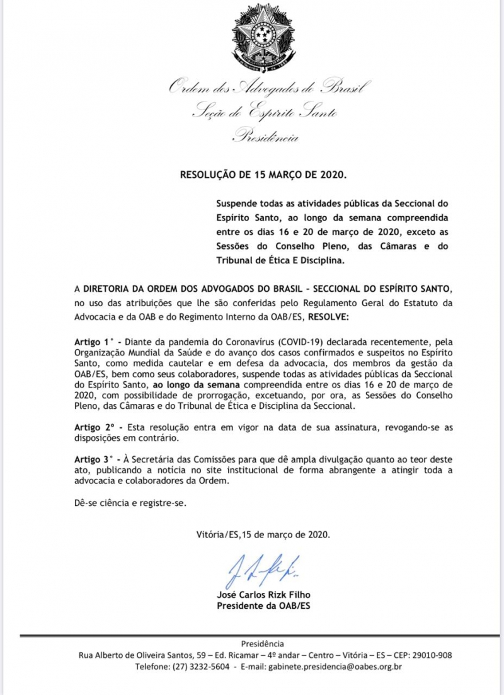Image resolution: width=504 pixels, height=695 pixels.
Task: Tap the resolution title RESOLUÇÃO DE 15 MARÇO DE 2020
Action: [x=263, y=174]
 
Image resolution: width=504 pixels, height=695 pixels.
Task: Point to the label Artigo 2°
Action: [x=91, y=427]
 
